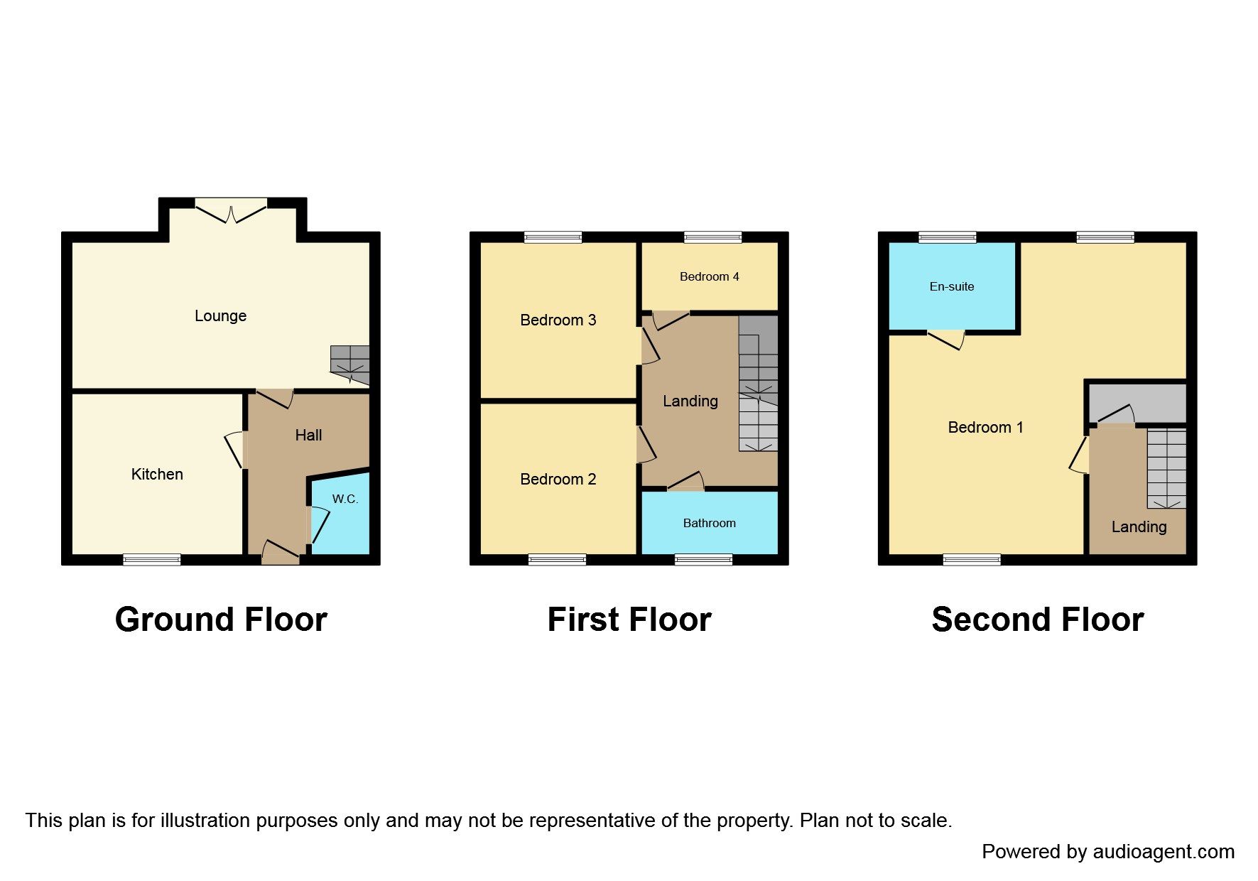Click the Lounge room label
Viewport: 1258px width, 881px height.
pyautogui.click(x=220, y=316)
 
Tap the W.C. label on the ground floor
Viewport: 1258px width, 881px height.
pyautogui.click(x=345, y=499)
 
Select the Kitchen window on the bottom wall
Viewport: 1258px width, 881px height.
pyautogui.click(x=152, y=560)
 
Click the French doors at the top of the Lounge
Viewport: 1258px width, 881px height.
pyautogui.click(x=231, y=210)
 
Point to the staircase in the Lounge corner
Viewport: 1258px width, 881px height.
pyautogui.click(x=350, y=364)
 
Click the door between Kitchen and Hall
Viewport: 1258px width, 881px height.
pyautogui.click(x=235, y=449)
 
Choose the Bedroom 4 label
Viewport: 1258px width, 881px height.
pyautogui.click(x=709, y=277)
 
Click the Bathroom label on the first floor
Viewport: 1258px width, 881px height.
pyautogui.click(x=709, y=524)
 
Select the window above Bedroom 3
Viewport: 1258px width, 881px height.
pyautogui.click(x=553, y=237)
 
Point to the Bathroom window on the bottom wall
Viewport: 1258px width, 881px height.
pyautogui.click(x=703, y=560)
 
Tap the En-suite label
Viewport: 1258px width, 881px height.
pyautogui.click(x=952, y=287)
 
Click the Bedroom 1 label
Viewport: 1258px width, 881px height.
pyautogui.click(x=985, y=428)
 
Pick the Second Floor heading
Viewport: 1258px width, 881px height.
pyautogui.click(x=1037, y=620)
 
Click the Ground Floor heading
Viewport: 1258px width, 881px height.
pyautogui.click(x=221, y=620)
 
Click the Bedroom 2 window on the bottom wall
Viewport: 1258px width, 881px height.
pyautogui.click(x=558, y=560)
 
